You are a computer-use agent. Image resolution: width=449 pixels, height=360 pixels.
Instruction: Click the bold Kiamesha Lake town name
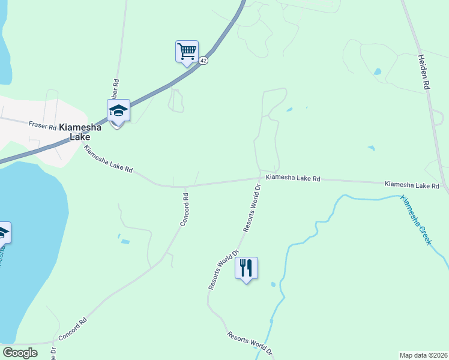(80, 132)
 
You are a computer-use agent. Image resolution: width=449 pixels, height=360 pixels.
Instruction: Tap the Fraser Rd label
(42, 125)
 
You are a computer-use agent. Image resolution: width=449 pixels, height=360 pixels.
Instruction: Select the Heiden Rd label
(425, 72)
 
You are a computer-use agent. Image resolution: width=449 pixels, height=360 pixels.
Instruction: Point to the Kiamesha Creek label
(417, 220)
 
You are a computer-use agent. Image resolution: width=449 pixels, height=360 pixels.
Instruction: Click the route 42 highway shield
(203, 61)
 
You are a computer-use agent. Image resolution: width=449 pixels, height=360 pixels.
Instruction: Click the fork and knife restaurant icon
(246, 267)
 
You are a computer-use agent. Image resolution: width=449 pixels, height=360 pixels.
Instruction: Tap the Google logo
(20, 353)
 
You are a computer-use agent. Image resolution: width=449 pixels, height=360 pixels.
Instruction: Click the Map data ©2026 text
(423, 355)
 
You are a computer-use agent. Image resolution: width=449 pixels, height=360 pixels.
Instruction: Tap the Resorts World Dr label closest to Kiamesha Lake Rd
(252, 208)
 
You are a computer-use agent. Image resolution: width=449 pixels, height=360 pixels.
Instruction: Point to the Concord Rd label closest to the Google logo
(73, 329)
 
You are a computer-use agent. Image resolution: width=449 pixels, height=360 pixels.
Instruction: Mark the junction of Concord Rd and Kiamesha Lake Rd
(185, 186)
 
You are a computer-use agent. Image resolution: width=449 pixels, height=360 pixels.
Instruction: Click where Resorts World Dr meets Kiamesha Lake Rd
(260, 178)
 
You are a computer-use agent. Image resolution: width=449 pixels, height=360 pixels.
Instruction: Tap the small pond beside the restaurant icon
(273, 284)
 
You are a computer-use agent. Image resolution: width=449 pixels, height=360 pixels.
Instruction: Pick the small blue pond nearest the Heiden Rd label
(377, 72)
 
